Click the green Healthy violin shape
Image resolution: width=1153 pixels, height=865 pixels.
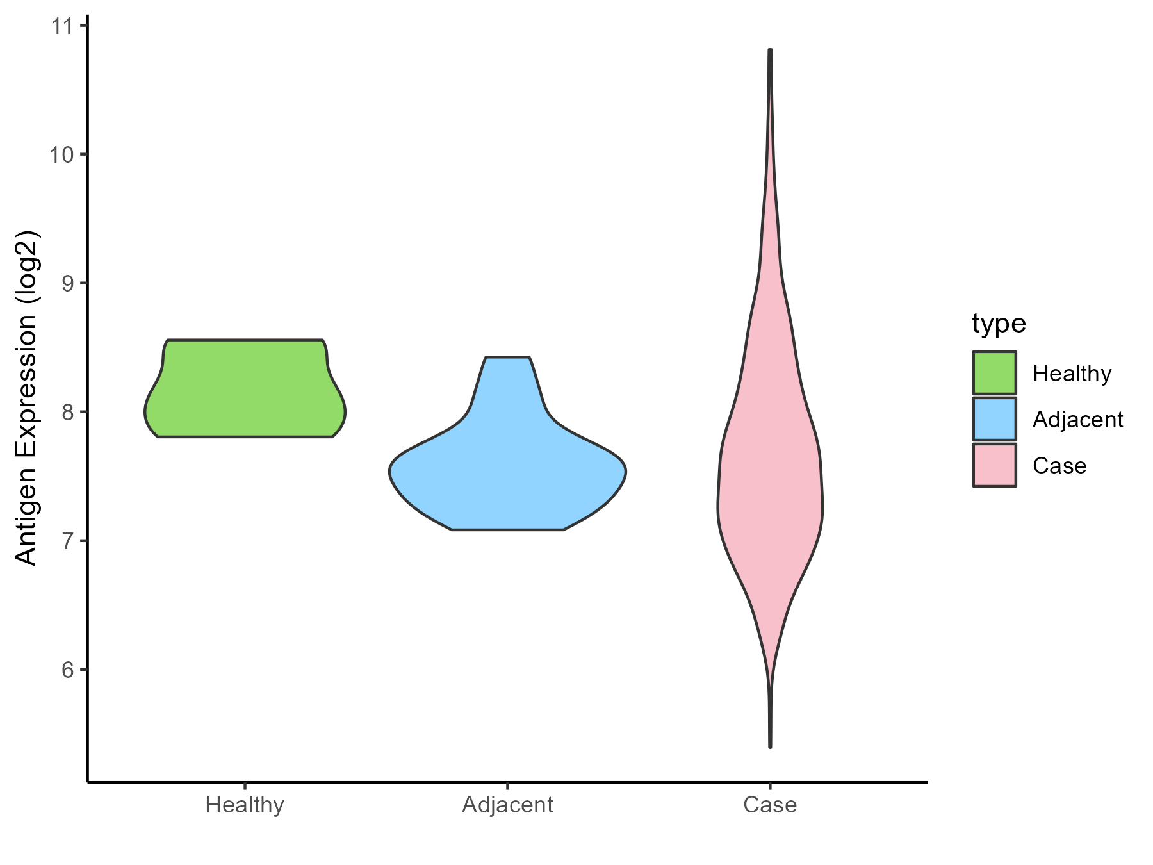pos(245,391)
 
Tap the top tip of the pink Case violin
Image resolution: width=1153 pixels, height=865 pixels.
pos(770,50)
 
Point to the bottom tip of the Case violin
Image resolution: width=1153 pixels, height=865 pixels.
pos(770,746)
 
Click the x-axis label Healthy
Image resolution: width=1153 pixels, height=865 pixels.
pos(245,805)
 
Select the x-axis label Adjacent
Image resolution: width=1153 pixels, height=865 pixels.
pos(507,805)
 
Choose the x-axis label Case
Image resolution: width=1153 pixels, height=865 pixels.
pos(770,805)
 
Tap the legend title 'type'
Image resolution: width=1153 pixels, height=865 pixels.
pos(999,324)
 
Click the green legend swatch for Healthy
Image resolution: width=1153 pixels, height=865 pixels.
pos(994,372)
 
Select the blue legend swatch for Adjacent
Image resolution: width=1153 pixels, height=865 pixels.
pos(994,419)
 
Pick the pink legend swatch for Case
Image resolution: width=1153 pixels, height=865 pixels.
pos(994,465)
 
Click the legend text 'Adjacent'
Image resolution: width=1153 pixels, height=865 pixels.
pos(1077,420)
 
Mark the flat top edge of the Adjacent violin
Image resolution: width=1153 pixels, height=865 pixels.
pos(507,357)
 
